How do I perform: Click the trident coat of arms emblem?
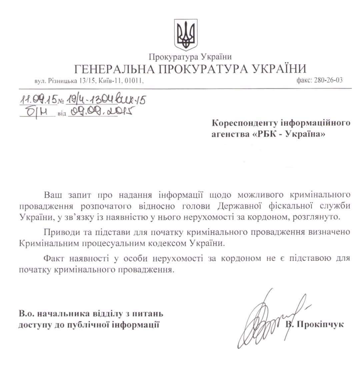[x=186, y=35]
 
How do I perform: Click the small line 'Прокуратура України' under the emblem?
[x=190, y=57]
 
